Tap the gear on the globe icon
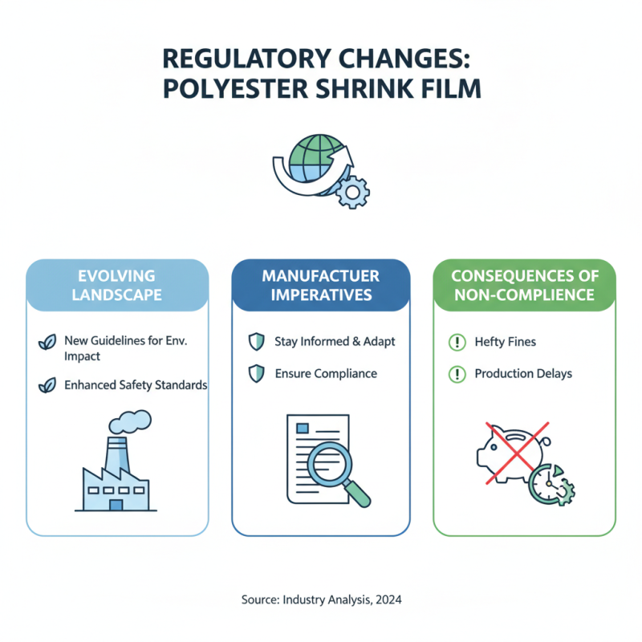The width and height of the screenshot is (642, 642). tap(352, 192)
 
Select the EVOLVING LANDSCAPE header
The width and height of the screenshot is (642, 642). tap(117, 286)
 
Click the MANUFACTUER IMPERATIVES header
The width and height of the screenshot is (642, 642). tap(321, 286)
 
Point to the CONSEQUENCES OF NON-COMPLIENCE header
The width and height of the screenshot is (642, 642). tap(525, 286)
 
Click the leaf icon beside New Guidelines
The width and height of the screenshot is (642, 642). tap(47, 342)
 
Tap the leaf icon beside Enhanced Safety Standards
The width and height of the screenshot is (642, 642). tap(47, 385)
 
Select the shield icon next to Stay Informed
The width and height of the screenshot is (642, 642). tap(256, 342)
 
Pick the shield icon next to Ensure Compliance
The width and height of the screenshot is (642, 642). tap(256, 373)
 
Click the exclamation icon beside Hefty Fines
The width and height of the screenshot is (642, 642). tap(457, 342)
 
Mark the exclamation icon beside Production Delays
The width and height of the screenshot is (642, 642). tap(457, 374)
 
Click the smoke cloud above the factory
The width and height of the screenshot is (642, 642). tap(130, 422)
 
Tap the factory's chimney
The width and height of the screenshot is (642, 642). tap(117, 455)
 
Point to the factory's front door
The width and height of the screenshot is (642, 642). tap(116, 505)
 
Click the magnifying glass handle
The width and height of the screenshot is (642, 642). tap(356, 494)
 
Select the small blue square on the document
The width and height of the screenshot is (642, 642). tap(303, 429)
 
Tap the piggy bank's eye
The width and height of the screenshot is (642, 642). tap(494, 448)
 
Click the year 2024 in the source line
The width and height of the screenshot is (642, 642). tap(388, 599)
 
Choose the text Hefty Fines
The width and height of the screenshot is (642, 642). tap(506, 342)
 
